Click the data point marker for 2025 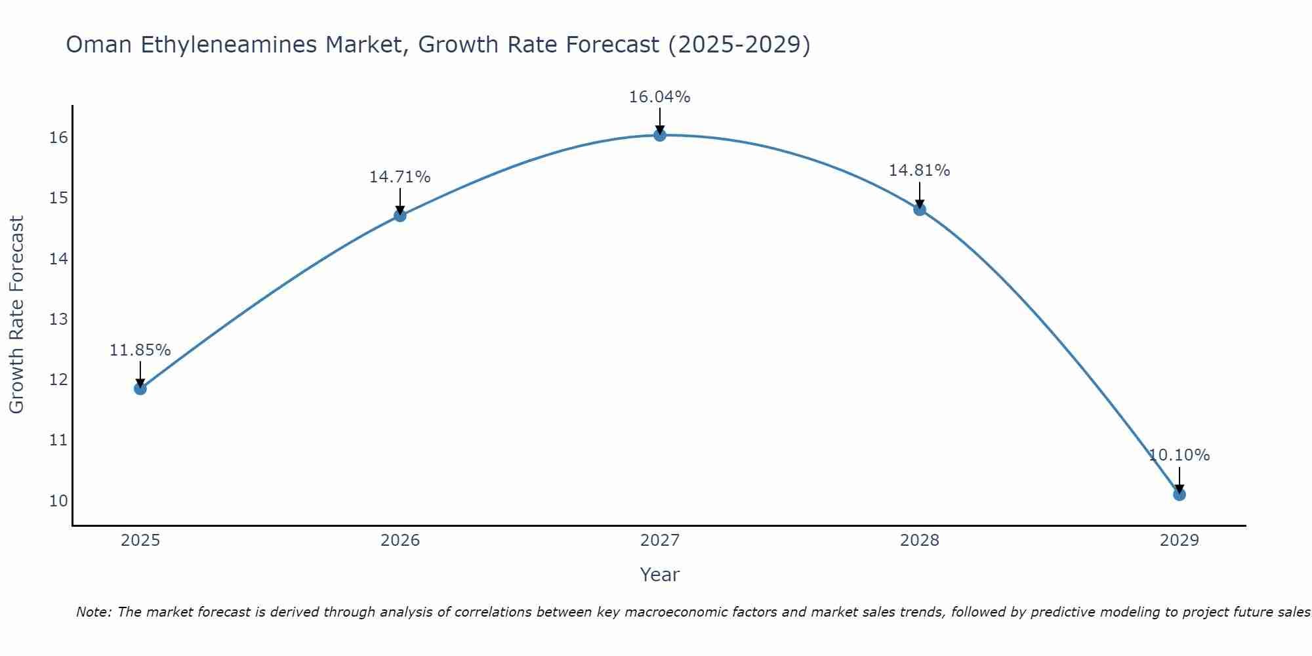pyautogui.click(x=140, y=388)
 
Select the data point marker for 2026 pyautogui.click(x=400, y=215)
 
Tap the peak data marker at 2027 pyautogui.click(x=660, y=135)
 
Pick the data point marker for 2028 pyautogui.click(x=920, y=209)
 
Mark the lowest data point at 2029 pyautogui.click(x=1179, y=494)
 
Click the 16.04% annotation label pyautogui.click(x=659, y=97)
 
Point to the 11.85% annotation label pyautogui.click(x=140, y=350)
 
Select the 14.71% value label pyautogui.click(x=400, y=177)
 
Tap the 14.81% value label pyautogui.click(x=919, y=171)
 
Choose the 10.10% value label pyautogui.click(x=1179, y=455)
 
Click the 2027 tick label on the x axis pyautogui.click(x=660, y=541)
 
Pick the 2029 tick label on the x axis pyautogui.click(x=1179, y=541)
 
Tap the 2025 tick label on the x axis pyautogui.click(x=140, y=541)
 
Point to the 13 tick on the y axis pyautogui.click(x=58, y=319)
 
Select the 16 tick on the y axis pyautogui.click(x=58, y=138)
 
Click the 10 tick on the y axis pyautogui.click(x=58, y=501)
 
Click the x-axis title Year pyautogui.click(x=659, y=575)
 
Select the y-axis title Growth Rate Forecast pyautogui.click(x=16, y=315)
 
